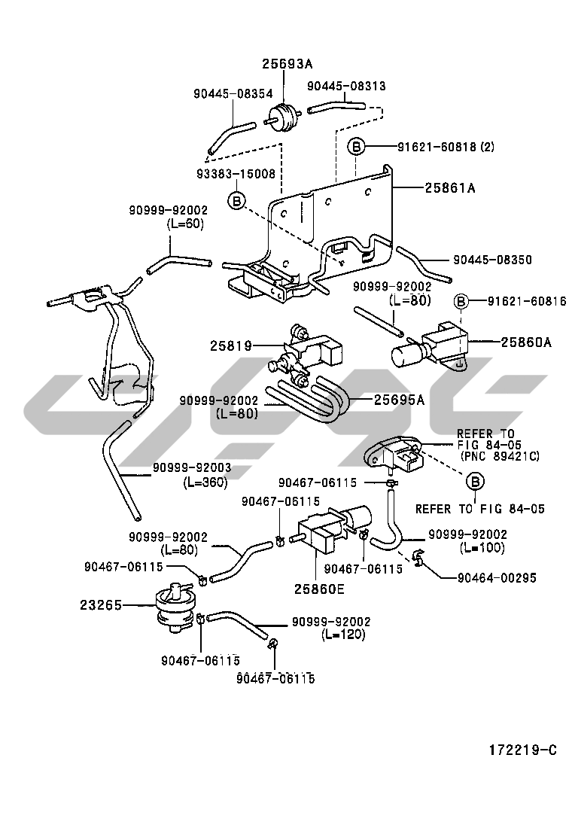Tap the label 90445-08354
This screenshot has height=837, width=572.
click(233, 94)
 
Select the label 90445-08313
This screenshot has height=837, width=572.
click(346, 87)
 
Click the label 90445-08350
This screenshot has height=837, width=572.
click(492, 260)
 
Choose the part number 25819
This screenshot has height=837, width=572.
click(230, 346)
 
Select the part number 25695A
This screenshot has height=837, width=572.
click(399, 400)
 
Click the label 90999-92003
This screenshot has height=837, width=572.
click(192, 468)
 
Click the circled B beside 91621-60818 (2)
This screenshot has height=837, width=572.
click(357, 146)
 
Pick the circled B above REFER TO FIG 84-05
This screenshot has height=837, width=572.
click(475, 481)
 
